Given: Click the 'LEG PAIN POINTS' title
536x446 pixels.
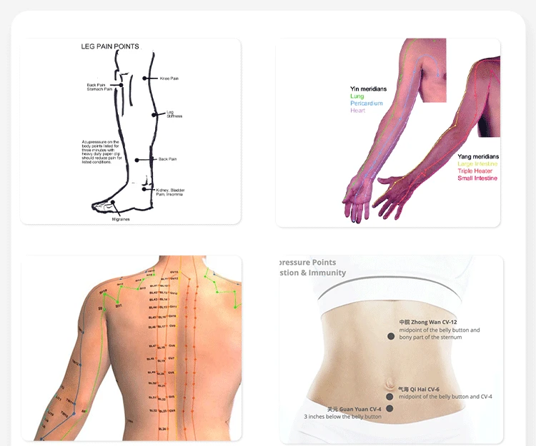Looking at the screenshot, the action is (109, 46).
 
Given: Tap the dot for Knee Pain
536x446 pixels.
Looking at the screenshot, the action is (145, 78).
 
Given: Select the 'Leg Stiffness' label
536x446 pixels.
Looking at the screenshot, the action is (174, 113).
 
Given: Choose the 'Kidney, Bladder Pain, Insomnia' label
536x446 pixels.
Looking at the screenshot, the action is (169, 192).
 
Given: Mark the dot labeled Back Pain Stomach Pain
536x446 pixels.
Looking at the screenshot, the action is (122, 86).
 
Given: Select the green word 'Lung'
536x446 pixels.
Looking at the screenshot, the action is (357, 96).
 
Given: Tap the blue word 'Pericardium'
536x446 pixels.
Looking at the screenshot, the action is (367, 103).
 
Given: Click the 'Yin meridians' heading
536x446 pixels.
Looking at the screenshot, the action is (368, 88).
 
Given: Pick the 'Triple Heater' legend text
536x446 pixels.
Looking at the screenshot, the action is (475, 171).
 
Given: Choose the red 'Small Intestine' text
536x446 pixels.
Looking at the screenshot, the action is (477, 178).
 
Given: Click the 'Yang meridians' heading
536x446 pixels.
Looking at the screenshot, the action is (478, 156).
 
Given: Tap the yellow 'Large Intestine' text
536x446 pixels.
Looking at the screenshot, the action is (477, 164).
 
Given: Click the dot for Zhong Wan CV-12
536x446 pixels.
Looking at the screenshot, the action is (390, 336).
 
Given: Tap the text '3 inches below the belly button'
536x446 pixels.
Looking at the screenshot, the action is (342, 417).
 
